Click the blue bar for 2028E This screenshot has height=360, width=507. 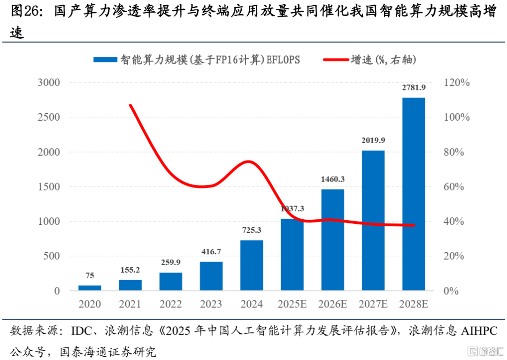click(414, 194)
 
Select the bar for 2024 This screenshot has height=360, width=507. click(252, 265)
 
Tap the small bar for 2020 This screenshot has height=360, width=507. click(90, 288)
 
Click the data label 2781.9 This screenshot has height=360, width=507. click(414, 87)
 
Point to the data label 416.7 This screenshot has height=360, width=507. click(211, 252)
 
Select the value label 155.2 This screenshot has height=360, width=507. click(130, 270)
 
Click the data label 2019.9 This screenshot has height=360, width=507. click(373, 140)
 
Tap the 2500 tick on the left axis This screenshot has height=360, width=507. click(49, 117)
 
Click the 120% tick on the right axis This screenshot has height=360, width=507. click(456, 83)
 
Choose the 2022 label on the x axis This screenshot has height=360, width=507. click(170, 304)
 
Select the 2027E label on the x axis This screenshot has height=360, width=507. click(373, 304)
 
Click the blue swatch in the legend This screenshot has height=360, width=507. click(105, 60)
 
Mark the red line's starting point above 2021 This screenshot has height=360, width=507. click(131, 105)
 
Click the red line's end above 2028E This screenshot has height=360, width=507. click(414, 225)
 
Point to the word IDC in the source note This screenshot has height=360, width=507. click(80, 331)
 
